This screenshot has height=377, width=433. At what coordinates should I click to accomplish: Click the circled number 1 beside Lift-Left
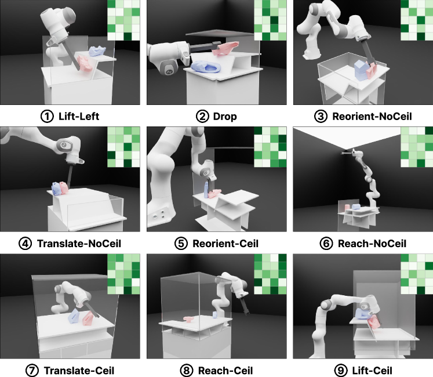[x=47, y=117]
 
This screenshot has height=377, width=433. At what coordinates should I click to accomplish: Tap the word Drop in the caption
[x=225, y=117]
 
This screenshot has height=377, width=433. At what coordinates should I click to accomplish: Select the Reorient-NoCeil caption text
[x=372, y=117]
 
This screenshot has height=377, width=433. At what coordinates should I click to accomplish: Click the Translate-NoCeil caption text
[x=79, y=244]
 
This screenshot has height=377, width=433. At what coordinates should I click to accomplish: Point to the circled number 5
[x=181, y=244]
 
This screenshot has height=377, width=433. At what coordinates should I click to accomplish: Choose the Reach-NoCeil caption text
[x=372, y=244]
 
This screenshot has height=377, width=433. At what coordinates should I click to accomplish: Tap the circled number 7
[x=32, y=371]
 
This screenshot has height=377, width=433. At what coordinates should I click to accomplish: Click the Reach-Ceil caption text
[x=225, y=371]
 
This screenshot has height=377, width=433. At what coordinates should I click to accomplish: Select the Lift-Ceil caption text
[x=372, y=371]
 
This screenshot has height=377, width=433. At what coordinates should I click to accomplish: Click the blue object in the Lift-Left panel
[x=97, y=51]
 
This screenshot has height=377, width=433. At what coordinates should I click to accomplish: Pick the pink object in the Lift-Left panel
[x=84, y=63]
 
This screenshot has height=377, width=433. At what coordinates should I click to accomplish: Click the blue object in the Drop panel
[x=206, y=67]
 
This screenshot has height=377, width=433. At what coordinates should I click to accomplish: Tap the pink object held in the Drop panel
[x=225, y=48]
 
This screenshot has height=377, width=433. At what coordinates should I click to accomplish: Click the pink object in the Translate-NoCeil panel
[x=64, y=187]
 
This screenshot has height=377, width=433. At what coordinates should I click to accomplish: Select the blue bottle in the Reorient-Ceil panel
[x=206, y=190]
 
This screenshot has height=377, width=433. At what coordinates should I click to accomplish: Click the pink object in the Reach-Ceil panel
[x=189, y=319]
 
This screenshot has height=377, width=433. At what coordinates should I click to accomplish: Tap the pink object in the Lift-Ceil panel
[x=373, y=322]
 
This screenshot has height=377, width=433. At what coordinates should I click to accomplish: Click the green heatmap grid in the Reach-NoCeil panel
[x=417, y=147]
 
